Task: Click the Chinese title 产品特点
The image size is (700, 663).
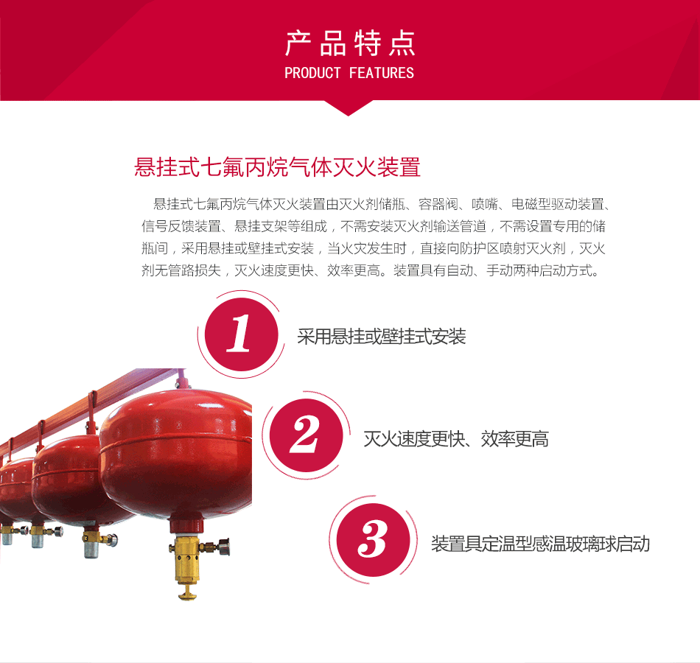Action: (350, 43)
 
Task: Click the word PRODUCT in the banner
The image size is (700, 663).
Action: (312, 73)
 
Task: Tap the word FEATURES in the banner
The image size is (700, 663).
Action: (382, 73)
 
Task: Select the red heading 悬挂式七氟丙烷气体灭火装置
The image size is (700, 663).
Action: (277, 167)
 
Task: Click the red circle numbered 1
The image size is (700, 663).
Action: (241, 334)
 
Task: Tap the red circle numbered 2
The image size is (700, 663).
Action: (307, 435)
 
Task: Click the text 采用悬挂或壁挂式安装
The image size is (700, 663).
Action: (382, 336)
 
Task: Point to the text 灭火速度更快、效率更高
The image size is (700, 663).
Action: (456, 439)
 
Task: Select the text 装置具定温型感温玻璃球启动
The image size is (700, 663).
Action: (540, 544)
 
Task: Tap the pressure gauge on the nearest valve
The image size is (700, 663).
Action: (223, 547)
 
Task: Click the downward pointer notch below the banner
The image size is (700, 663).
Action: (349, 108)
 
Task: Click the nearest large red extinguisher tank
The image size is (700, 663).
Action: (176, 453)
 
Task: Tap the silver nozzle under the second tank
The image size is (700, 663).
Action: (91, 546)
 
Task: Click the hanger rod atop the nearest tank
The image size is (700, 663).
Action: (181, 379)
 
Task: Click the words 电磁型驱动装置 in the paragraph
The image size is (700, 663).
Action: (558, 204)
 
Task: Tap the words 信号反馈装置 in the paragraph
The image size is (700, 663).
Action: (181, 226)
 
